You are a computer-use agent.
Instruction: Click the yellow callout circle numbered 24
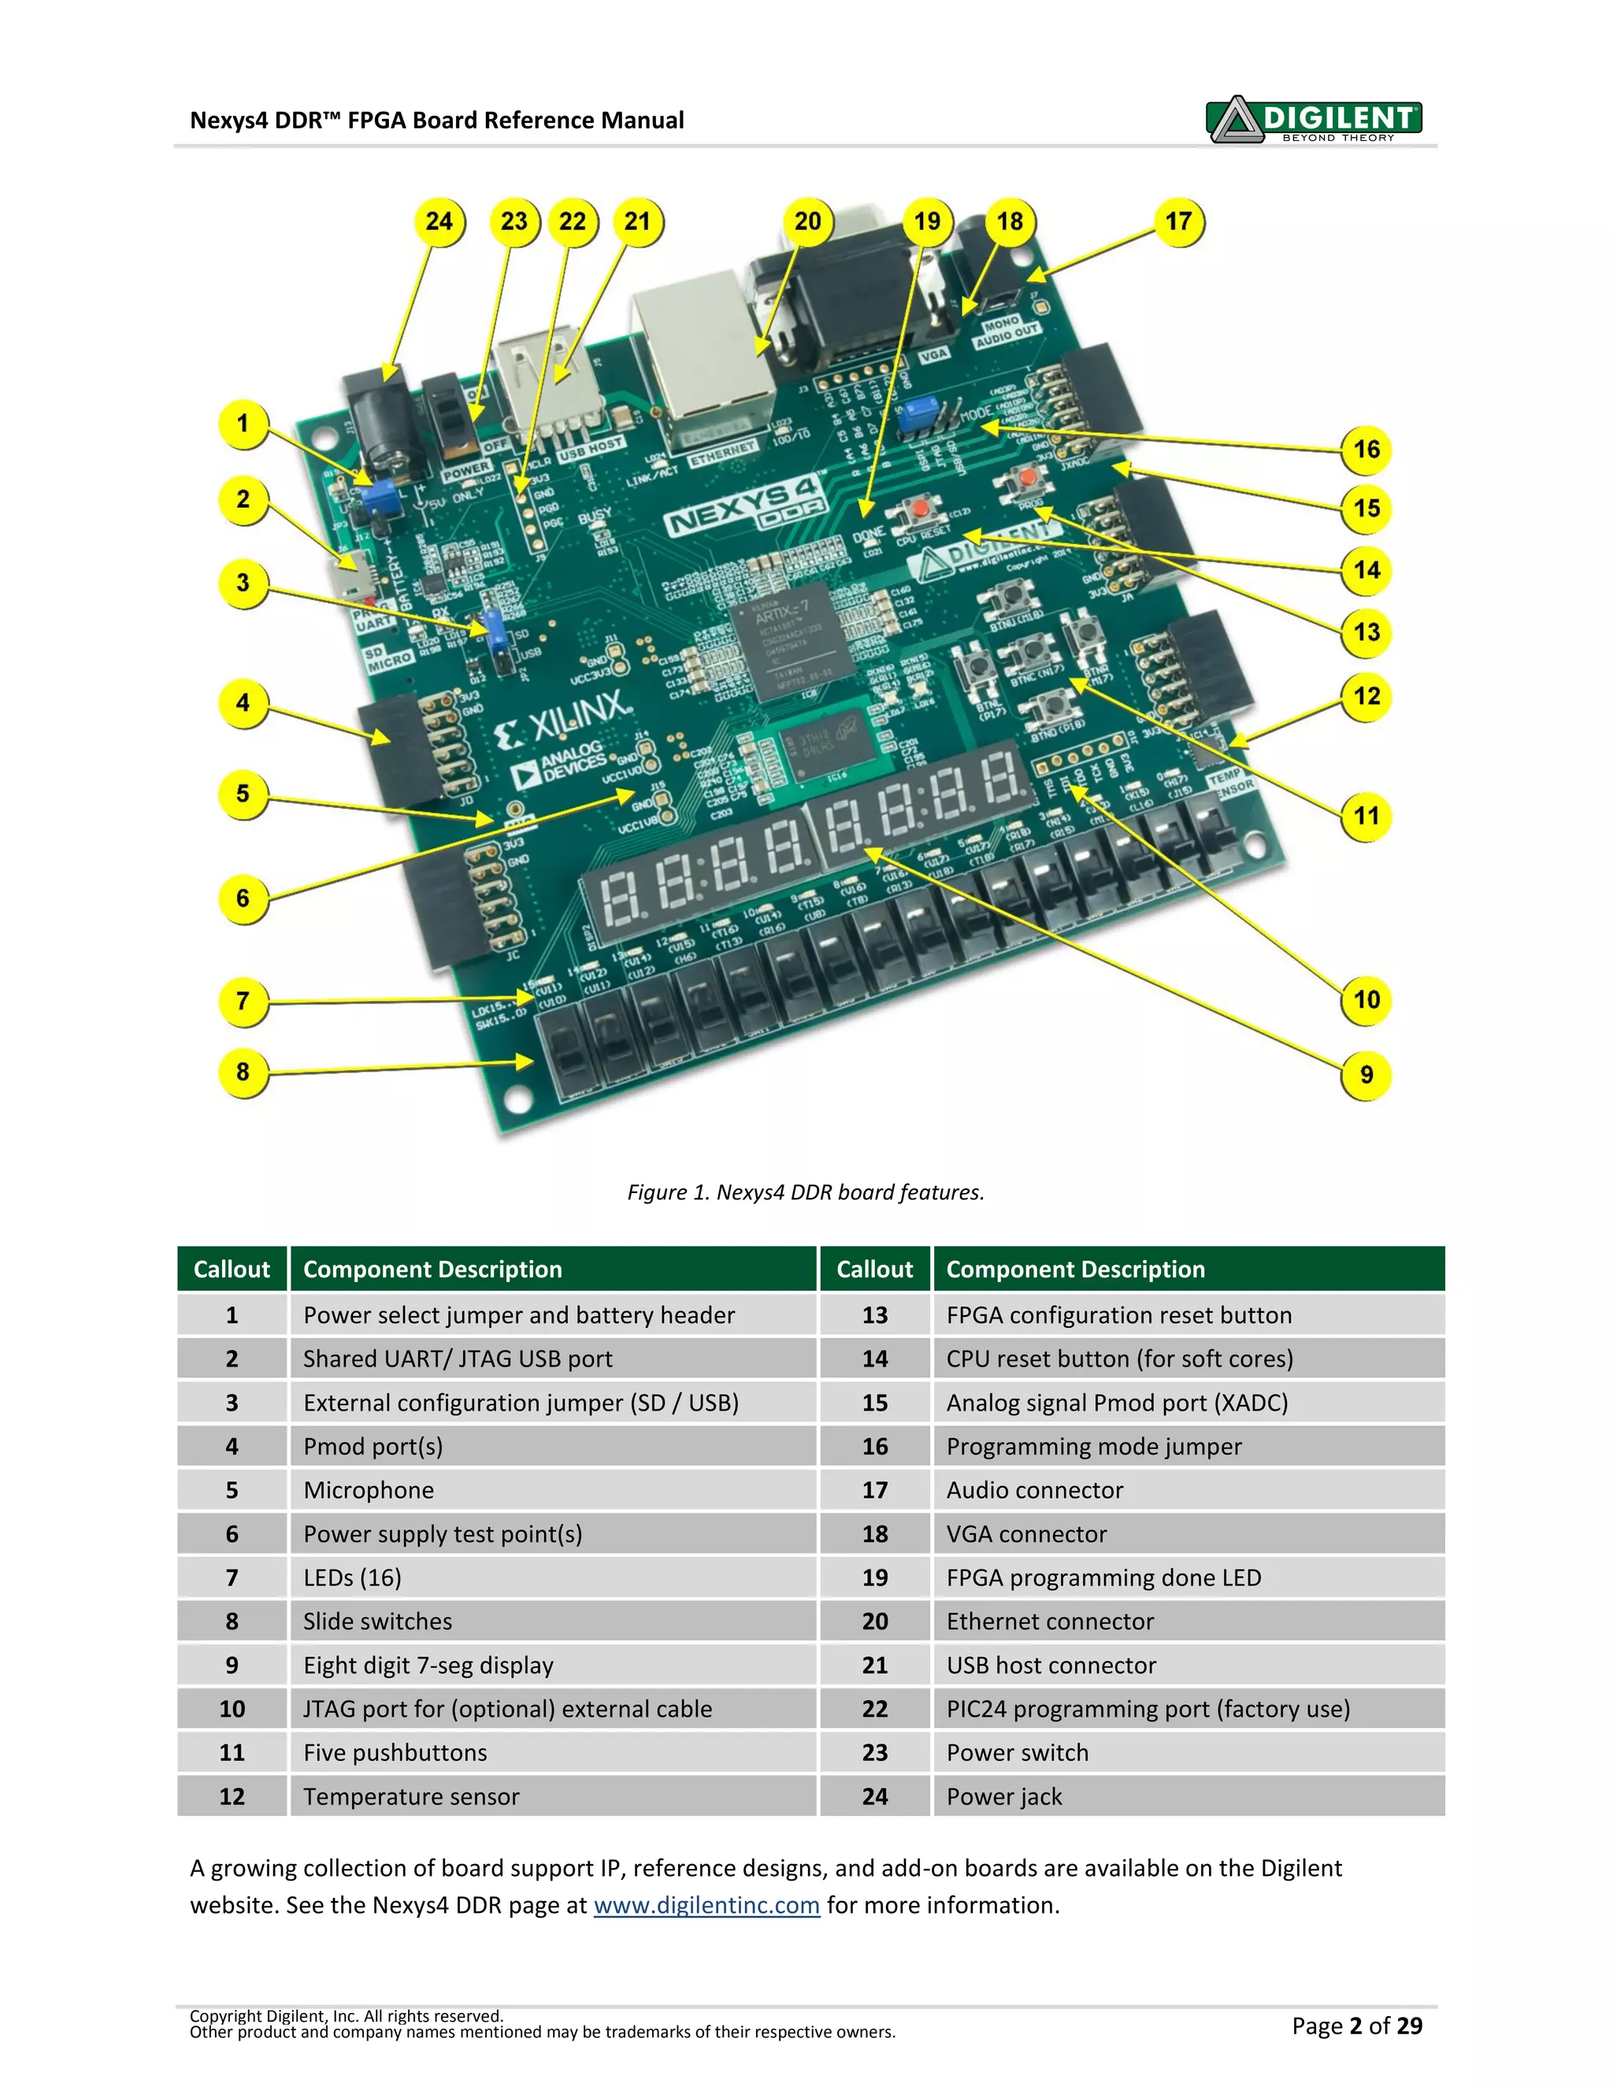click(x=439, y=222)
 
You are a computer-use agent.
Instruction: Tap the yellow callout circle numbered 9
click(x=1366, y=1075)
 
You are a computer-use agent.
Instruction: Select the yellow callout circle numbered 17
click(x=1178, y=222)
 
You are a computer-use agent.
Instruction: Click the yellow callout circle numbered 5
click(x=243, y=794)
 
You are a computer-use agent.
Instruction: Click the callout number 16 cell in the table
click(x=874, y=1447)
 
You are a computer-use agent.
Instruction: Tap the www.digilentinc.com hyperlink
click(x=706, y=1905)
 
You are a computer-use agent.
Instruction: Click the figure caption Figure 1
click(x=806, y=1192)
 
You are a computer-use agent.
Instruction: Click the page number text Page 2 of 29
click(x=1356, y=2026)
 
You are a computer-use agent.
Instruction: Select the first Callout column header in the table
click(x=232, y=1269)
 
